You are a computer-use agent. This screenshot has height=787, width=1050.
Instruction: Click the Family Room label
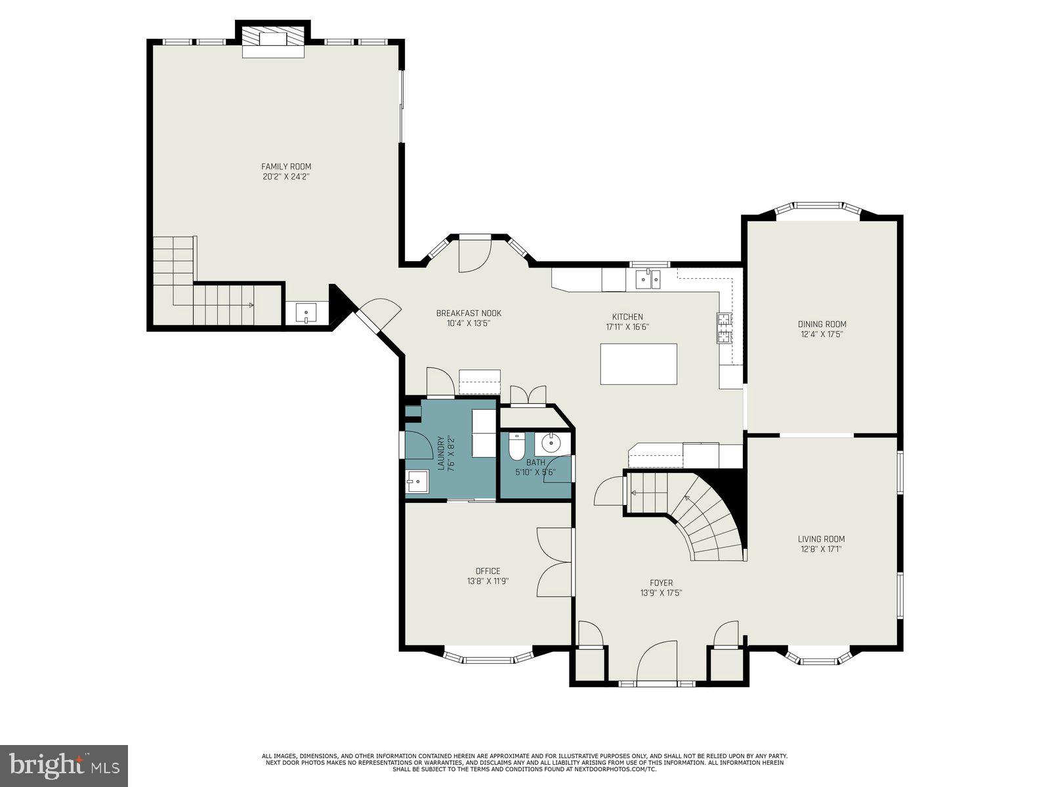(286, 167)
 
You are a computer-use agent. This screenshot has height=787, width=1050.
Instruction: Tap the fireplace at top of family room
(273, 41)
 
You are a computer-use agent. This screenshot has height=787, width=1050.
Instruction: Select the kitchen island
(639, 364)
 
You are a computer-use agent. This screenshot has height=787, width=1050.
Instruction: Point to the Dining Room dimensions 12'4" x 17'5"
(822, 334)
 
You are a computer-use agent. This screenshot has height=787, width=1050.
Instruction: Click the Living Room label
(822, 539)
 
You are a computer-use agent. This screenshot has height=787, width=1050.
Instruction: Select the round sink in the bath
(551, 443)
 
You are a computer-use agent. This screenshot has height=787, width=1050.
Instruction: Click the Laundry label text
(442, 454)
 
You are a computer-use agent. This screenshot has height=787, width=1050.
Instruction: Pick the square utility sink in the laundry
(417, 482)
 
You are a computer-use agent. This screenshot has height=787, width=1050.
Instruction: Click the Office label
(488, 571)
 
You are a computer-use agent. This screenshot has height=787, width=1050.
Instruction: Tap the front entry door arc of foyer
(656, 662)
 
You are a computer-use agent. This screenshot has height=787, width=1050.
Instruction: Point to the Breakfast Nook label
(469, 313)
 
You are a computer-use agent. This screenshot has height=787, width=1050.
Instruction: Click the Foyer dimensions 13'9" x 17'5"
(661, 593)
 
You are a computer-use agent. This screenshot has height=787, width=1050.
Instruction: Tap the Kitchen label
(627, 317)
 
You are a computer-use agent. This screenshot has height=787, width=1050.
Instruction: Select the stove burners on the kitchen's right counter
(724, 328)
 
